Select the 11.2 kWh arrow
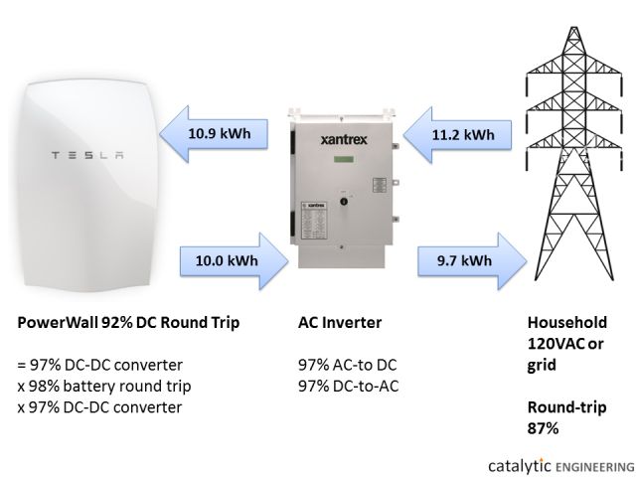[x=459, y=134]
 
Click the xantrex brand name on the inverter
[x=338, y=141]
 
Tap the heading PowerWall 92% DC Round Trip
[x=129, y=324]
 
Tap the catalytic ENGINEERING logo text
[x=558, y=464]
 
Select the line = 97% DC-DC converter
[x=100, y=365]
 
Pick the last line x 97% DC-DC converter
[x=100, y=405]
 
